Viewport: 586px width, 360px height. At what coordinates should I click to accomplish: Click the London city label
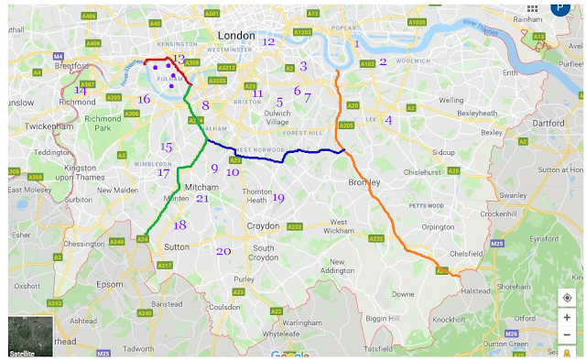point(235,35)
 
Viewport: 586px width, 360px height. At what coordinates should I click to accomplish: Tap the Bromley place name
point(363,182)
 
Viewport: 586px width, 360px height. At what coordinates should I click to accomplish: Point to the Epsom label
point(110,284)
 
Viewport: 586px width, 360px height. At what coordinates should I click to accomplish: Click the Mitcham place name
point(202,187)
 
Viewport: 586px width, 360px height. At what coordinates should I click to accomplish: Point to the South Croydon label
point(264,253)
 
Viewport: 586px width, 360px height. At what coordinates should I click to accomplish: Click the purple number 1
point(357,43)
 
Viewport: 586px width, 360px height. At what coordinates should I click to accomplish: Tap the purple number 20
point(223,251)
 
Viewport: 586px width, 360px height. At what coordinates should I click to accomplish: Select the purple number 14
point(81,90)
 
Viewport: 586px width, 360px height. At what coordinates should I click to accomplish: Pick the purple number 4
point(388,119)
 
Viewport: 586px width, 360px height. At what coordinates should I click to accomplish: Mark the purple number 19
point(278,198)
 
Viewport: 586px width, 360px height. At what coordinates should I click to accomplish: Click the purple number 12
point(267,41)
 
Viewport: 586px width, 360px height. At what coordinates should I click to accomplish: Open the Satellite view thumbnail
point(30,336)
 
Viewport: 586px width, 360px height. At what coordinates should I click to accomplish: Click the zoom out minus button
point(567,335)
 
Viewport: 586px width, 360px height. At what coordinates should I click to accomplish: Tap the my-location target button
point(567,298)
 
